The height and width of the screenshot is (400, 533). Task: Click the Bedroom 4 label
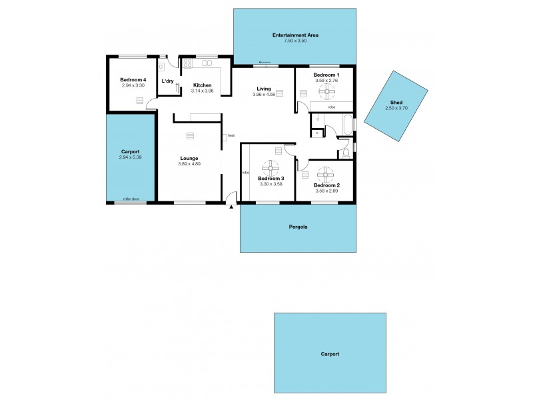(x=133, y=80)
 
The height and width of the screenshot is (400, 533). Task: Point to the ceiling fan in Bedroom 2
(x=326, y=175)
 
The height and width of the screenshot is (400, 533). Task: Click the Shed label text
(x=396, y=103)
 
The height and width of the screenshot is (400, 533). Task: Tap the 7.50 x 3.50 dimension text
(x=294, y=41)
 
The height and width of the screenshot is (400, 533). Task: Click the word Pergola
(x=298, y=227)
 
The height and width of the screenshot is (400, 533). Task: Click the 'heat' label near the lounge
(x=231, y=135)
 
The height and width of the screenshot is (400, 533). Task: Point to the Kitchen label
(x=202, y=85)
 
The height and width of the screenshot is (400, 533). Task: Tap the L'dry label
(x=167, y=81)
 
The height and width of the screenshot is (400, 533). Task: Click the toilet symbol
(x=344, y=153)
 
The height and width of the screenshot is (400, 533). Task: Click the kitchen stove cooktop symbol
(x=187, y=64)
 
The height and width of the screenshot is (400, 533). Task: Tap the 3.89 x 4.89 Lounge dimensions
(x=189, y=164)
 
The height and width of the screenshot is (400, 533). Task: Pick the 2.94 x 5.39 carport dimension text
(x=131, y=157)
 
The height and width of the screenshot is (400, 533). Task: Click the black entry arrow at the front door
(x=231, y=207)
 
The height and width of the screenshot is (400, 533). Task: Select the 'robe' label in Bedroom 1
(x=331, y=107)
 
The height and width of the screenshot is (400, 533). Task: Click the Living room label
(x=264, y=89)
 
